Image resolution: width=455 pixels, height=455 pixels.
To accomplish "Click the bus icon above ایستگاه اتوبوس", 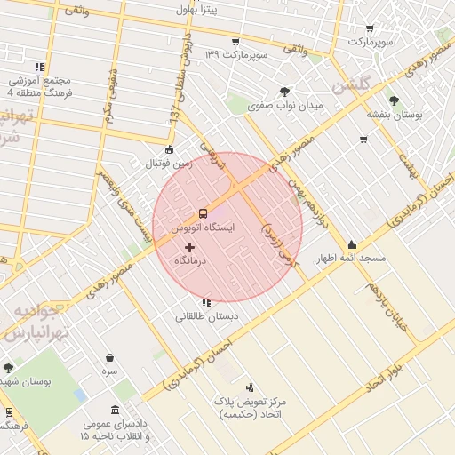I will pos(204,213).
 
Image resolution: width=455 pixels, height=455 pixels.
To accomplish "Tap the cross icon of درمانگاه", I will pos(189,246).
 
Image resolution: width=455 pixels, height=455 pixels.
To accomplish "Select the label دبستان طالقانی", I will pos(207,316).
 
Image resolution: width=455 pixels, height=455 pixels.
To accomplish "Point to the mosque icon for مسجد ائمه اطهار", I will pos(351,244).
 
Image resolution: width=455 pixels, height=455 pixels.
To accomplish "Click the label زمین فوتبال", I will pos(170,164).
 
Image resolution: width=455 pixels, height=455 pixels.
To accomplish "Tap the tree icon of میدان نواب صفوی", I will pos(284,91).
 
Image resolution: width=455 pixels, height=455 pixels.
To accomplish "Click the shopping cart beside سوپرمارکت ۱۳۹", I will pos(235,42).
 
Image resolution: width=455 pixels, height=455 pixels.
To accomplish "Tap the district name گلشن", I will pos(350,86).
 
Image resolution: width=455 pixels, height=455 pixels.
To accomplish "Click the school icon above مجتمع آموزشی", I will pos(39,67).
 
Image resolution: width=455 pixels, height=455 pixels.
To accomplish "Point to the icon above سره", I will pos(109,357).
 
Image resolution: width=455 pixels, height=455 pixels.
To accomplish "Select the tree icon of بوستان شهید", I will pos(8,368).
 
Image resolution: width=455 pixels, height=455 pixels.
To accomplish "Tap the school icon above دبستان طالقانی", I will pos(207,302).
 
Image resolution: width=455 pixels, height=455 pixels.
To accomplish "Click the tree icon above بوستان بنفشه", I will pos(395,100).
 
